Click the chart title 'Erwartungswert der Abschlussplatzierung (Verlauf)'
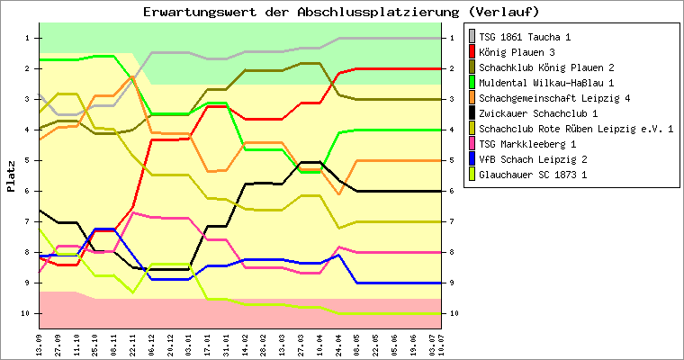(x=341, y=12)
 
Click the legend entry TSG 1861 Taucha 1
(x=525, y=37)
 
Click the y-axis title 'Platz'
(x=11, y=175)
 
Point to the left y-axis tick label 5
(x=28, y=160)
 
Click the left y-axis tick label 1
(x=28, y=38)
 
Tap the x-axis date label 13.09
(x=39, y=343)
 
